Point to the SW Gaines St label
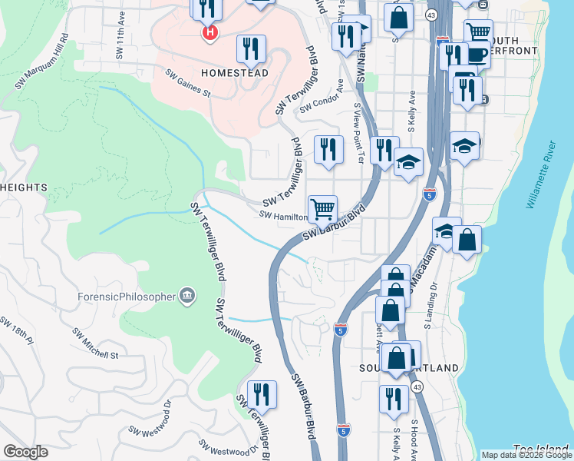pos(187,85)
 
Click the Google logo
pos(25,452)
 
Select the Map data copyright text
pos(526,455)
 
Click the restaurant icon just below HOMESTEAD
pos(251,49)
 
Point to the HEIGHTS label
pos(24,187)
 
